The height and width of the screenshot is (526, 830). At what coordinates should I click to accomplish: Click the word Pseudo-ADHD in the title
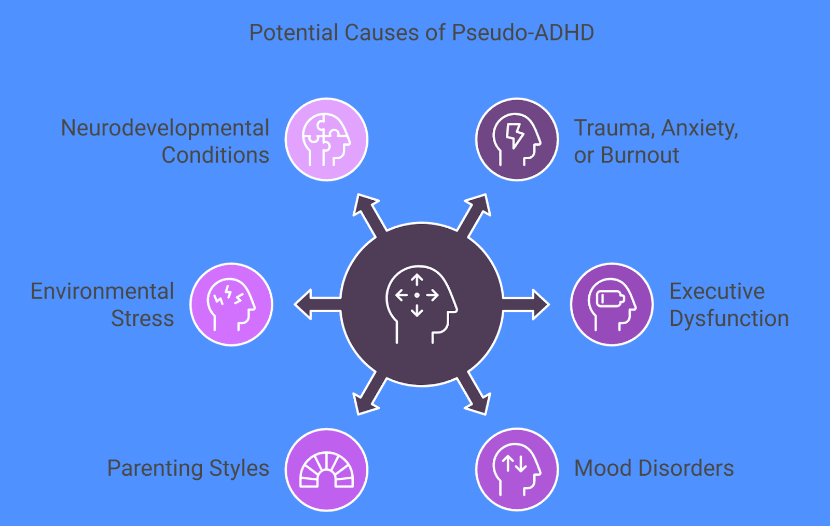(x=523, y=33)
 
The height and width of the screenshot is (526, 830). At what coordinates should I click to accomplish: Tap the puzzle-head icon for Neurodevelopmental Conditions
(x=326, y=140)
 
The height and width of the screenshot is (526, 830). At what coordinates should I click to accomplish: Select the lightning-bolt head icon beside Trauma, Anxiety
(x=517, y=140)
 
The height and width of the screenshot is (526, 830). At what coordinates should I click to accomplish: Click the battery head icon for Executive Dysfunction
(x=612, y=304)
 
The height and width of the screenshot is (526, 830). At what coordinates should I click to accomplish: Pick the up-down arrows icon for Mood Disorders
(x=517, y=469)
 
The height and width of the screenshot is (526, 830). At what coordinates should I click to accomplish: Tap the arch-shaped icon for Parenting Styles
(x=326, y=469)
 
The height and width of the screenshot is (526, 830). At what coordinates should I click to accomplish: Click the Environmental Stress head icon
(x=231, y=304)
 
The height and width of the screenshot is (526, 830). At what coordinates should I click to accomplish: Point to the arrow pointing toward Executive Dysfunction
(x=529, y=304)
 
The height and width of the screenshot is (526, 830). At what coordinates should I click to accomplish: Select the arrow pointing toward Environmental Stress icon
(x=314, y=304)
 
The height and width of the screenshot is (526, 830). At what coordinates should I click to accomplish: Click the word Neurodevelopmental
(x=165, y=128)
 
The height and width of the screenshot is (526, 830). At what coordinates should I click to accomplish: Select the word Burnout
(x=640, y=155)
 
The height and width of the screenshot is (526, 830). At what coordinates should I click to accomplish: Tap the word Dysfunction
(x=729, y=319)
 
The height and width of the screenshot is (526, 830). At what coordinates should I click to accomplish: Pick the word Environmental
(x=102, y=292)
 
